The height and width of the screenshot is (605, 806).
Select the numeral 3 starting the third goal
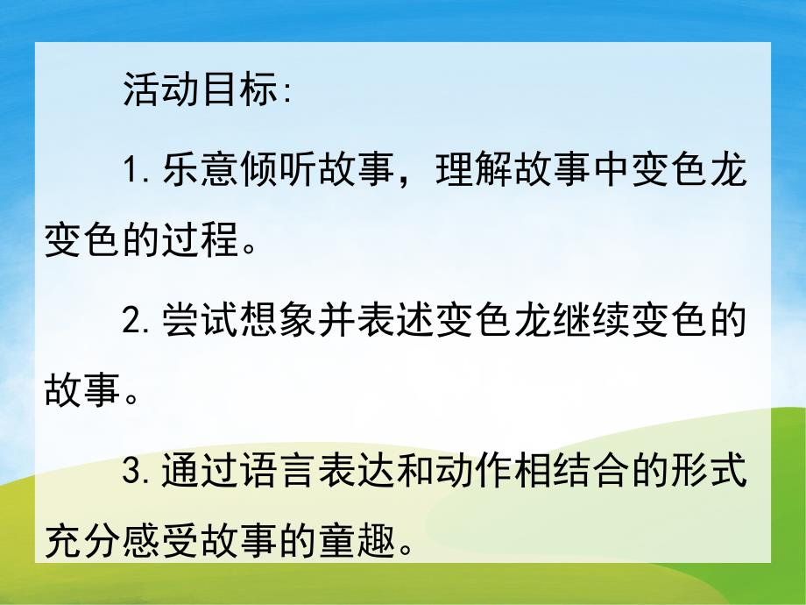pyautogui.click(x=133, y=474)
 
